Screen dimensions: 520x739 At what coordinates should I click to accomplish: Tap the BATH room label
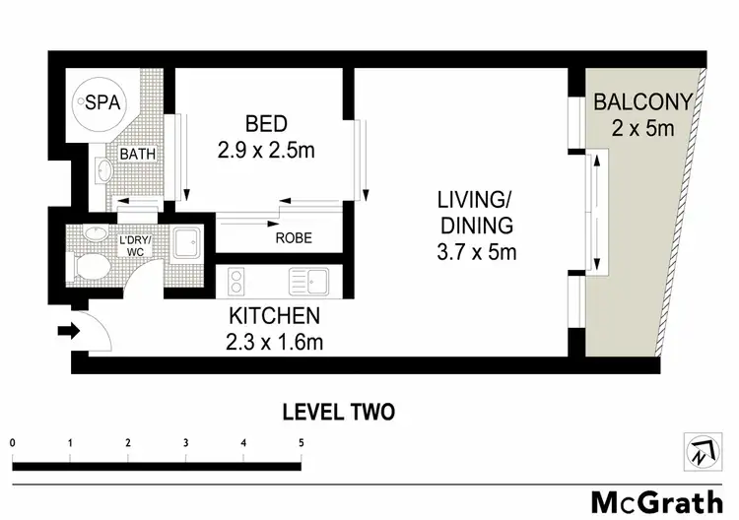click(x=136, y=155)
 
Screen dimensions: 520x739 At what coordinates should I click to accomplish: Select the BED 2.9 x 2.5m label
click(x=267, y=138)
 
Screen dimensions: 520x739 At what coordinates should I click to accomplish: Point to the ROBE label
click(x=296, y=237)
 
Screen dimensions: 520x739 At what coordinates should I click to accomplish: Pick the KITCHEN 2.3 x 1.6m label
click(x=275, y=329)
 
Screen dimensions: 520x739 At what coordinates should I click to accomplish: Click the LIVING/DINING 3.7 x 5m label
click(x=478, y=226)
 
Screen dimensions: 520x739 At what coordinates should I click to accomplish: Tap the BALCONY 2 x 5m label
click(x=643, y=113)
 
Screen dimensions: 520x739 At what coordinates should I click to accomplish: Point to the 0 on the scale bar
click(x=13, y=443)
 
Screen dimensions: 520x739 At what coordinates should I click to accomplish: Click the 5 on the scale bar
click(x=301, y=443)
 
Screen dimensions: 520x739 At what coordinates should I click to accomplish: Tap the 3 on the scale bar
click(x=185, y=443)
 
